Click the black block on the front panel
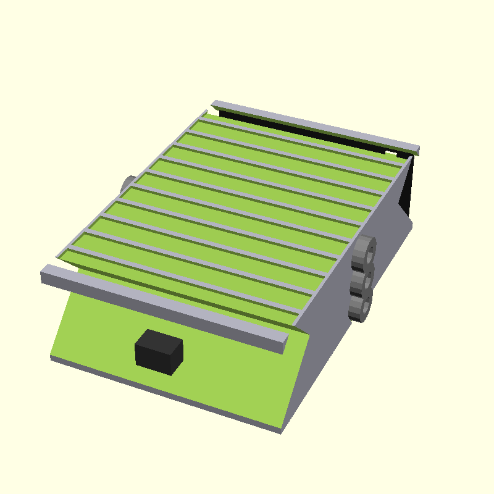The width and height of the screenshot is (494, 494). [158, 354]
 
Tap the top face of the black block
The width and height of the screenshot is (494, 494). [160, 339]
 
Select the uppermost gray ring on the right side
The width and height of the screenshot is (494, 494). [366, 252]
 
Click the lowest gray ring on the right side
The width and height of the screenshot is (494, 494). [361, 306]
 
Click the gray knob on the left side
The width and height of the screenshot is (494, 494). [128, 183]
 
